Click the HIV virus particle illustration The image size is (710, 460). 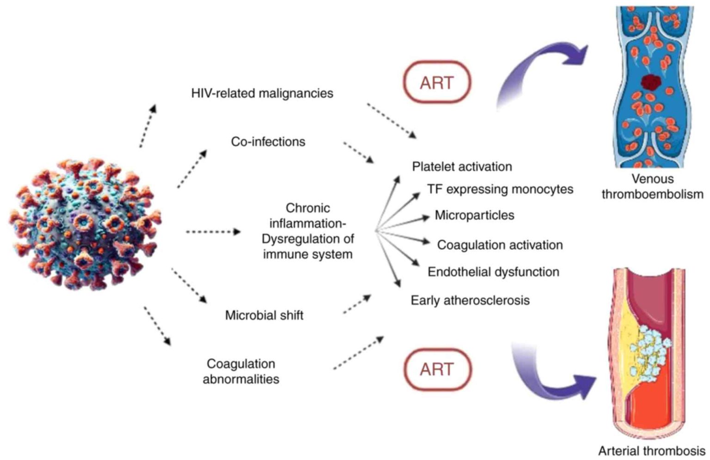pos(85,224)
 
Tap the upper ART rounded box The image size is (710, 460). pos(437,82)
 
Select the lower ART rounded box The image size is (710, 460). pos(437,369)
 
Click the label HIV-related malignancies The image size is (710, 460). pos(262,93)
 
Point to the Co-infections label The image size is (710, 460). pos(268,142)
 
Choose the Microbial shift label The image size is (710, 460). pos(264,315)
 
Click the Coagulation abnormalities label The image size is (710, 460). pos(241,371)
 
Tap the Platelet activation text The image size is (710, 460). pos(462,167)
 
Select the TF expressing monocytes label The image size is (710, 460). pos(500,189)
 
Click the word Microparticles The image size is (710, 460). pos(475,215)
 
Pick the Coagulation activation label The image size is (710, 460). pos(500,245)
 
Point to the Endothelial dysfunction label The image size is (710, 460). pos(494,272)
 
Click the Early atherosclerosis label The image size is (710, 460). pos(470,300)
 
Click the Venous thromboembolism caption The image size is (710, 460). pos(653,187)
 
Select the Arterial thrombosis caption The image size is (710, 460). pos(652,451)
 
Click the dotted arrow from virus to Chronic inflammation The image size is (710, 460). pos(213,232)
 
